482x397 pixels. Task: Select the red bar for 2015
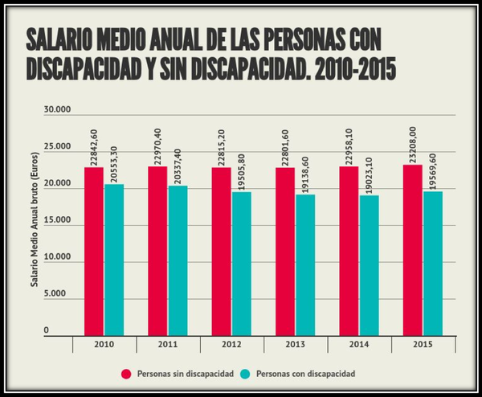[413, 249]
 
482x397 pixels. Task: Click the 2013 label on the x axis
[295, 345]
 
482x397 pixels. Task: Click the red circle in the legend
[126, 374]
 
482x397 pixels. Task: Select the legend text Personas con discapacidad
[308, 374]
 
